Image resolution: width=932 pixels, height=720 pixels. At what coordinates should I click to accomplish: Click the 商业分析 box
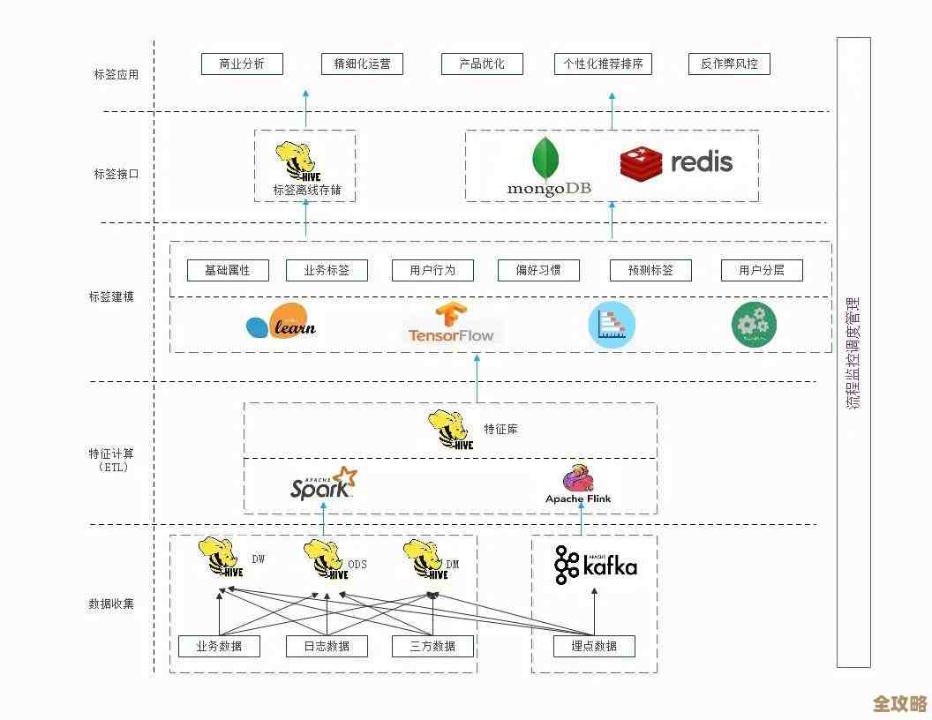tap(229, 64)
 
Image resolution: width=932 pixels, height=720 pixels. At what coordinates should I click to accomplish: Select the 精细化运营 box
tap(362, 64)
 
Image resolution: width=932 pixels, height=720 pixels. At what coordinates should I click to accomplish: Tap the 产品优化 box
tap(482, 64)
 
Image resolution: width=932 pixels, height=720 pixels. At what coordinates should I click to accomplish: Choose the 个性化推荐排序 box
tap(604, 64)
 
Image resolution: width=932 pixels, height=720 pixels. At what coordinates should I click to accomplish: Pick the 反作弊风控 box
tap(729, 64)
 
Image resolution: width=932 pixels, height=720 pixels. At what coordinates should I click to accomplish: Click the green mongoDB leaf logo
tap(546, 160)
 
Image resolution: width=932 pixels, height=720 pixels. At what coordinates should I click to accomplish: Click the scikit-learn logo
tap(282, 324)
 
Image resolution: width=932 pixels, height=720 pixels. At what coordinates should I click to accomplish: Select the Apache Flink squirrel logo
tap(578, 479)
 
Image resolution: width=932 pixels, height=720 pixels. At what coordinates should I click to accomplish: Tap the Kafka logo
tap(595, 566)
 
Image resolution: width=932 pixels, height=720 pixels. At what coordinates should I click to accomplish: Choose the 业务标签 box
tap(327, 270)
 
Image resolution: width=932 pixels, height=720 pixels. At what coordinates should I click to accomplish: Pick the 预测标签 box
tap(650, 270)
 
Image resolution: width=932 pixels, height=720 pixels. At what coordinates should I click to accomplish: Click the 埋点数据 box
tap(594, 646)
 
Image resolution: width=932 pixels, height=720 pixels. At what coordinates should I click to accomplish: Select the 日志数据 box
tap(326, 646)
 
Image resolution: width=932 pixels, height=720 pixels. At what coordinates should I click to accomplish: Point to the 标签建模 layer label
tap(111, 296)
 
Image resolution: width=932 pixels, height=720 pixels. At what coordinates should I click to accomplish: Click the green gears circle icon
tap(754, 325)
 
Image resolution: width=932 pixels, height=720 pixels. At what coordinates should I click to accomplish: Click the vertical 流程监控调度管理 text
tap(853, 353)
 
